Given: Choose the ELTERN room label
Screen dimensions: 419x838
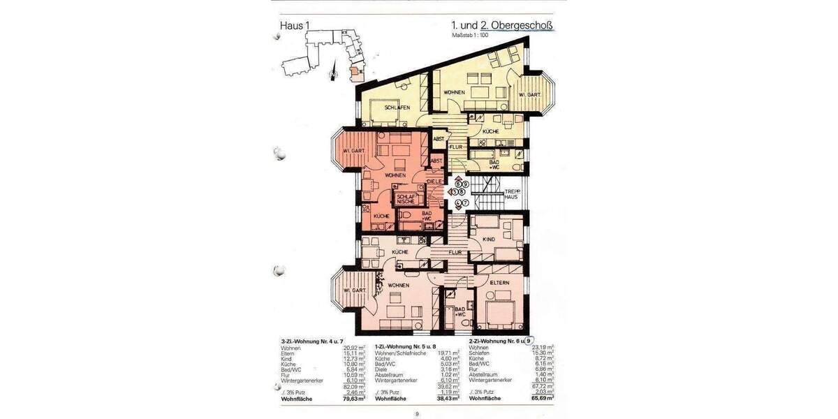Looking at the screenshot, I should pyautogui.click(x=499, y=282).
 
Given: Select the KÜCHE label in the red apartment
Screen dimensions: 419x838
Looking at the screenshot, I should pyautogui.click(x=381, y=216).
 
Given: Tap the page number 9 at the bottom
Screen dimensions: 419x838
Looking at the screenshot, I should pyautogui.click(x=417, y=414).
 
